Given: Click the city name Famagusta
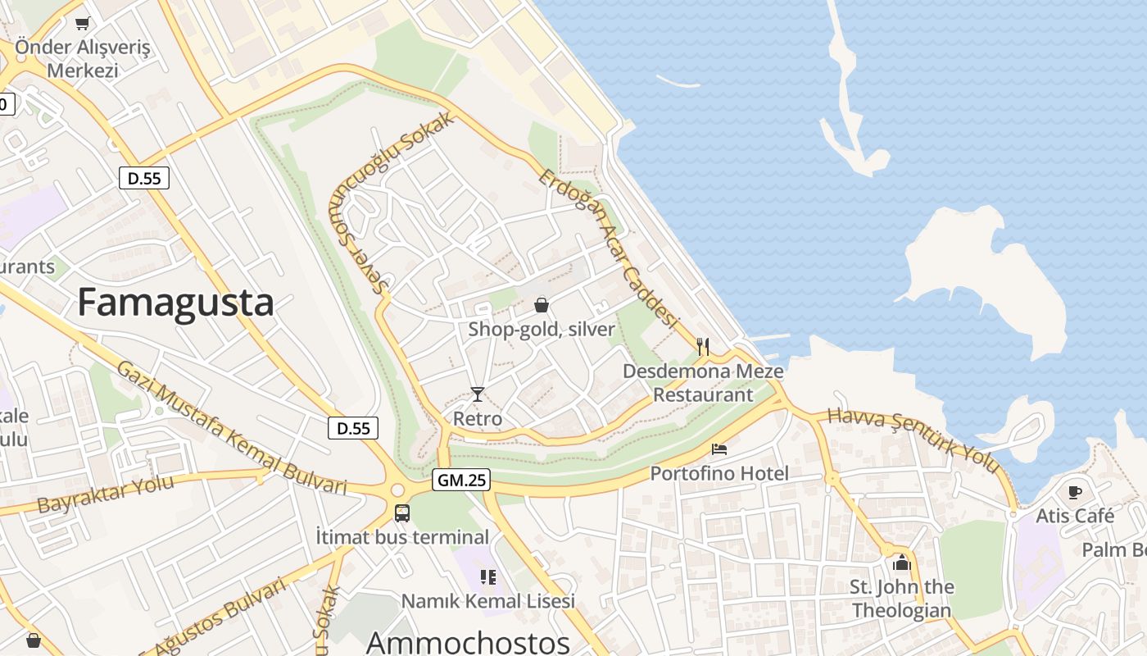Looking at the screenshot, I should (x=175, y=303).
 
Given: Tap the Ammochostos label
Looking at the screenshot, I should (x=468, y=642).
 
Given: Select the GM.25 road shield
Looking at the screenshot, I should (x=461, y=481).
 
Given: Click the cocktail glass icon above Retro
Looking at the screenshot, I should (x=478, y=394).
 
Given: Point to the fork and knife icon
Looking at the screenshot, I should (x=702, y=346).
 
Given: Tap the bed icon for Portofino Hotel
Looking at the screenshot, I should (x=719, y=449).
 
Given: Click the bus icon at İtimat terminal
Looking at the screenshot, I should (x=401, y=513).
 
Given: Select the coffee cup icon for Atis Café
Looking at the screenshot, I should (x=1075, y=492).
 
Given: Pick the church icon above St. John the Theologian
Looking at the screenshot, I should (x=902, y=563).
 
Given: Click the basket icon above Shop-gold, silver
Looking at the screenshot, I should (x=542, y=305).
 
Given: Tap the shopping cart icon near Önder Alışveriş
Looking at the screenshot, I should (x=82, y=23).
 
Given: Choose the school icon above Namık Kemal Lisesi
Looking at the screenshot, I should (x=488, y=577).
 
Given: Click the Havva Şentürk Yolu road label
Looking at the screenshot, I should (x=914, y=440).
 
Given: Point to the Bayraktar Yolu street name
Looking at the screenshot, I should (x=106, y=493).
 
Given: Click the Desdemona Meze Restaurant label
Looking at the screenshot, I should (x=703, y=383).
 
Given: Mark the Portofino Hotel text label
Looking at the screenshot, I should (x=719, y=473).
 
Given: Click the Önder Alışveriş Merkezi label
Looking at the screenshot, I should (x=82, y=58).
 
